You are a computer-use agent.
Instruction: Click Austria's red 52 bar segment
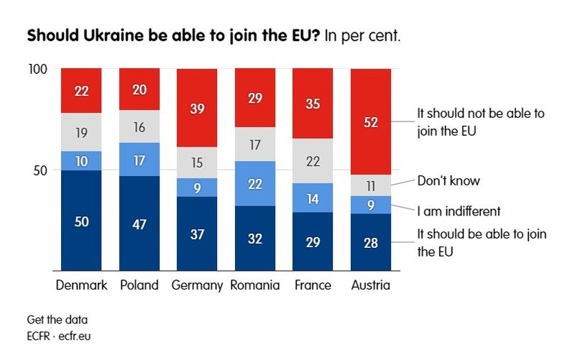pos(371,121)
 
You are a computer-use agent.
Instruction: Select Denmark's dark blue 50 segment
pos(81,221)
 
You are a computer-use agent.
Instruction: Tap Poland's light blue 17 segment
pos(139,160)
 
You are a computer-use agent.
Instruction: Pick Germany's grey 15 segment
pos(197,163)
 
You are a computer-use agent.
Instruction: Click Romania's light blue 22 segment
pos(255,183)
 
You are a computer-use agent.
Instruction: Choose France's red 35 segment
pos(313,103)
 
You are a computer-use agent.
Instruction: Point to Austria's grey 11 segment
pos(371,185)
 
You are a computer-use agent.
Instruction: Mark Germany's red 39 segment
pos(197,108)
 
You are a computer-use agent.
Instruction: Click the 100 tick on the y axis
pos(38,69)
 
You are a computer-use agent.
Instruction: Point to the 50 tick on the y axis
pos(40,170)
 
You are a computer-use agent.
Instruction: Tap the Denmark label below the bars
pos(81,285)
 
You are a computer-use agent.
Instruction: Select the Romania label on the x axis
pos(255,285)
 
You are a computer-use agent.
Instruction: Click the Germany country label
pos(197,285)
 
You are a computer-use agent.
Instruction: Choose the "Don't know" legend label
pos(448,181)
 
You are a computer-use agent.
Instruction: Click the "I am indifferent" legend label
pos(459,211)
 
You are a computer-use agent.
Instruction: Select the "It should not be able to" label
pos(481,114)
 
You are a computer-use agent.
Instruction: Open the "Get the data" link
pos(57,320)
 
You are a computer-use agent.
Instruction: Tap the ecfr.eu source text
pos(75,336)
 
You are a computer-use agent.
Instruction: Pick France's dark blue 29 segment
pos(313,241)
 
